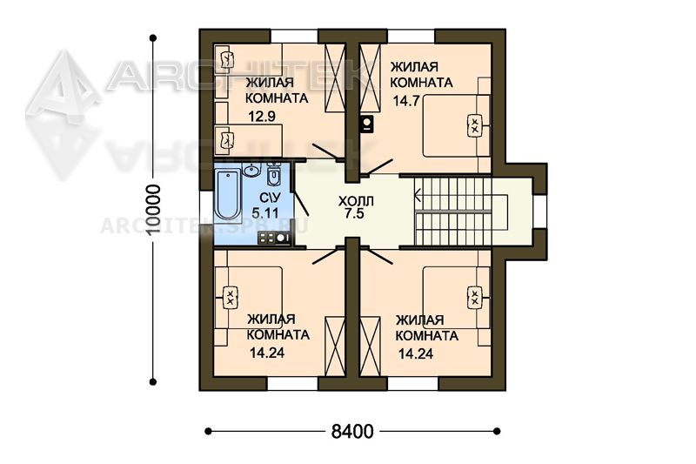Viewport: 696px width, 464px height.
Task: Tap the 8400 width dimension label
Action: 352,431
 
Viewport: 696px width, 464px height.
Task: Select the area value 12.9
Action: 262,117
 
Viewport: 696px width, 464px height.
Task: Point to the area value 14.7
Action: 406,101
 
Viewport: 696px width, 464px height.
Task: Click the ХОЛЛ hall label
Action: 356,201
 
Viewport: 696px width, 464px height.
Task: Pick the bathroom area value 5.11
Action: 265,213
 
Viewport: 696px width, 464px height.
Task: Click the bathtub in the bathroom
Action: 227,195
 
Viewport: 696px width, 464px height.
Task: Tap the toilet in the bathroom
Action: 273,173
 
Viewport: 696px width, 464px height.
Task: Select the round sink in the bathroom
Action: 252,170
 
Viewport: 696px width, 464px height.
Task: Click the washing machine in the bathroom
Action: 274,238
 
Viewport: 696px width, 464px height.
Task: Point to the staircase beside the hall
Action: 461,211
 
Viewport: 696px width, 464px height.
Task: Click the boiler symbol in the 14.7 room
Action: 367,124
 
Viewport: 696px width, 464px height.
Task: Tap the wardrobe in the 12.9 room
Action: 335,77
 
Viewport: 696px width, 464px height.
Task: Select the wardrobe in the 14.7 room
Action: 370,77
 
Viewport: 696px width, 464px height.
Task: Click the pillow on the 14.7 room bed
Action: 474,125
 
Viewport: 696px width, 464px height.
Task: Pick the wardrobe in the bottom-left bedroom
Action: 335,346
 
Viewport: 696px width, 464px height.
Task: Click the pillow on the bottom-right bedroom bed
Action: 474,298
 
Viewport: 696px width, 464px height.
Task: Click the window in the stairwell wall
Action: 540,212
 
